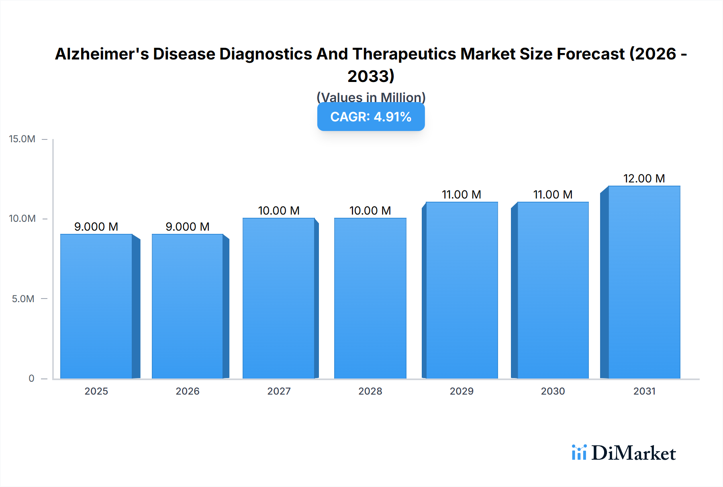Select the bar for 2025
tap(96, 306)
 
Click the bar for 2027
tap(279, 298)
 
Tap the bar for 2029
tap(462, 290)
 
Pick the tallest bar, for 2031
tap(644, 282)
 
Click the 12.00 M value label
tap(644, 178)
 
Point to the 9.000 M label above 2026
tap(188, 227)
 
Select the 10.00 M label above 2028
tap(370, 211)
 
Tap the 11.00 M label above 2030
tap(553, 194)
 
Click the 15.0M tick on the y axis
tap(22, 139)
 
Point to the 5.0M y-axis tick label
tap(23, 299)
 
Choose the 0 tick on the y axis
tap(31, 378)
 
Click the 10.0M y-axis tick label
tap(22, 219)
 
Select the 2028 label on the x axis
tap(370, 391)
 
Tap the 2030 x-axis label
tap(553, 391)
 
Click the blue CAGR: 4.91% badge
tap(371, 117)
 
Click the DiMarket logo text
tap(633, 453)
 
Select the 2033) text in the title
tap(371, 76)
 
